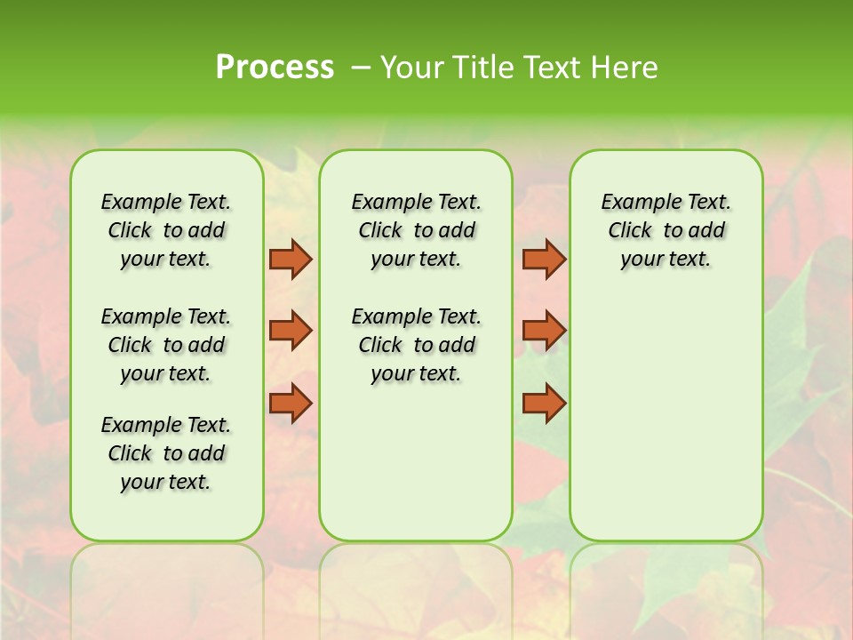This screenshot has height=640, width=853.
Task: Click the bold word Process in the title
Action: [x=275, y=68]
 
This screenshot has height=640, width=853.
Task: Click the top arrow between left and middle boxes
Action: [x=291, y=259]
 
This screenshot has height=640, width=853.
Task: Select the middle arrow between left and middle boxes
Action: [x=291, y=331]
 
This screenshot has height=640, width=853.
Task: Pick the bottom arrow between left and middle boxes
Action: [x=291, y=403]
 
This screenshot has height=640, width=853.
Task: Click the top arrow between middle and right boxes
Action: [x=544, y=259]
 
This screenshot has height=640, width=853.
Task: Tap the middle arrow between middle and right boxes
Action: [x=544, y=331]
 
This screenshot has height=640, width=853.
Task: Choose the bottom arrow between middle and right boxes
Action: [x=544, y=403]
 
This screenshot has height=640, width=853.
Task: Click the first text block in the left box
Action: [x=166, y=230]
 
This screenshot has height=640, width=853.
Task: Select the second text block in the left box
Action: [x=166, y=345]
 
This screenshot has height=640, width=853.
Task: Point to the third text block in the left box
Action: [x=166, y=453]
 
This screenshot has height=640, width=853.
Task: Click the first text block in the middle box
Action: [x=416, y=230]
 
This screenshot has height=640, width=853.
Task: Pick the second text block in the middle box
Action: [x=416, y=345]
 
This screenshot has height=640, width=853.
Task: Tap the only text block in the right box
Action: [x=666, y=230]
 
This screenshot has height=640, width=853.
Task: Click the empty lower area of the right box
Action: [x=666, y=418]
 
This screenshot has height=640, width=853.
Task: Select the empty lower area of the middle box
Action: [x=416, y=462]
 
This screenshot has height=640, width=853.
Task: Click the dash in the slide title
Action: [x=361, y=68]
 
